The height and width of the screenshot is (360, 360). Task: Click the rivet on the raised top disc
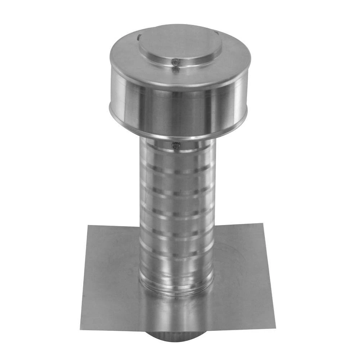[x=175, y=62]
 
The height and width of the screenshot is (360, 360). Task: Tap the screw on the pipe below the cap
[x=176, y=146]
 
